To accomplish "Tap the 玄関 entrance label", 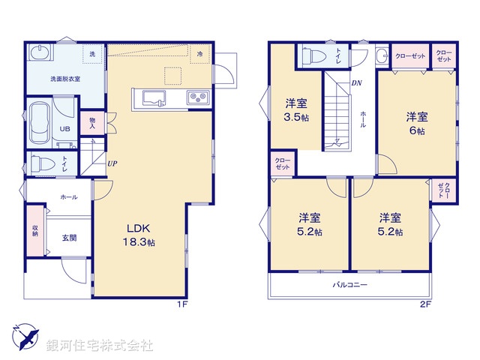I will coord(69,238).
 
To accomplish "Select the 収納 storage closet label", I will coord(35,229).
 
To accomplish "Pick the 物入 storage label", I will coord(92,123).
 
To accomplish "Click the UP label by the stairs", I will coord(112,163).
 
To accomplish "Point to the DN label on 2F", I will coord(356,83).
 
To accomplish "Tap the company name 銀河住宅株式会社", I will coord(100,345).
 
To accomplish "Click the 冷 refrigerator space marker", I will coord(199,54).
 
